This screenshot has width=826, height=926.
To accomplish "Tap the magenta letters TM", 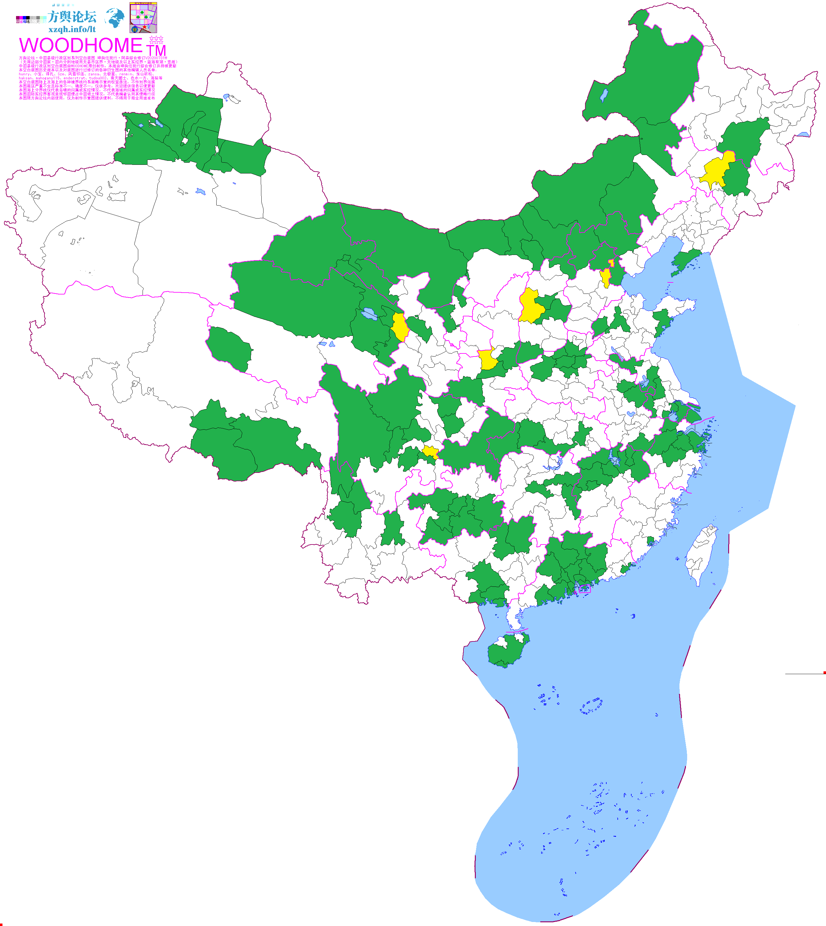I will [x=156, y=50].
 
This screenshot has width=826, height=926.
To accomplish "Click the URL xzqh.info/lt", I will [x=72, y=29].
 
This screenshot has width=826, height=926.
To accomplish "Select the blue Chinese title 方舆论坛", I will [x=72, y=17].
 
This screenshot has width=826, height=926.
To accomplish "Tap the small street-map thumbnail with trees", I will [x=143, y=18].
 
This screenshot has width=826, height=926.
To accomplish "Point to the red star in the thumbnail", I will [x=144, y=27].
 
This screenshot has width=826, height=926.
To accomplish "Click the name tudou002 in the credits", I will [x=98, y=78].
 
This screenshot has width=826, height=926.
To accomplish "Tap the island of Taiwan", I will [x=701, y=554].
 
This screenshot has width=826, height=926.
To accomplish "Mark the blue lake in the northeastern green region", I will [x=604, y=95].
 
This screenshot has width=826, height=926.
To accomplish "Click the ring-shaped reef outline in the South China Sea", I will [x=591, y=706].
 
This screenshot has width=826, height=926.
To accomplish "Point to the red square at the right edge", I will [x=824, y=673].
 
